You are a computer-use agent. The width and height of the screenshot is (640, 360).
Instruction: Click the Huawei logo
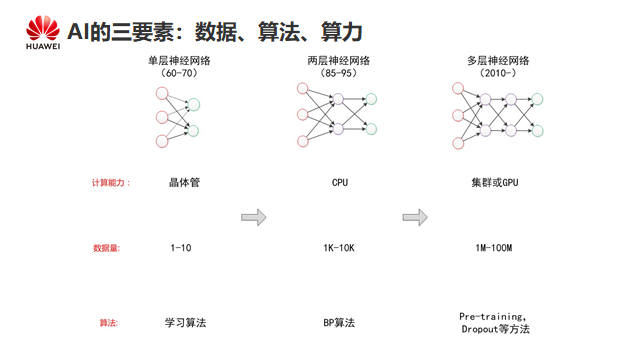43,33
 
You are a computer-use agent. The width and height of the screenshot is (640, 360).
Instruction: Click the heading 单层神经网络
179,61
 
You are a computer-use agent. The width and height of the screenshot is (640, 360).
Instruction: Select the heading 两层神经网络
339,61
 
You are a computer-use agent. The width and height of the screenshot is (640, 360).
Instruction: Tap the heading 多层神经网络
498,61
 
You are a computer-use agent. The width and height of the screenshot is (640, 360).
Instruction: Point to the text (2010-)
498,73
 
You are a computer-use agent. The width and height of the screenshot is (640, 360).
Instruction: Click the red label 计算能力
108,182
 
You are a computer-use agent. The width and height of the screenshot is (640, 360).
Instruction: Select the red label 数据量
105,248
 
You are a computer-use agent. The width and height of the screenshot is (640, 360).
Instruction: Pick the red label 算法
108,323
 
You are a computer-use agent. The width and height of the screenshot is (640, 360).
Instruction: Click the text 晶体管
184,182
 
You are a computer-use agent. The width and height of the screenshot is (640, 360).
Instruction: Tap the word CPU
340,182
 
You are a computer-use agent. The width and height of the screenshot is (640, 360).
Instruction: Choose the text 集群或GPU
495,182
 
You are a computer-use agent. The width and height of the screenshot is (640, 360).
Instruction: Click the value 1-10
181,248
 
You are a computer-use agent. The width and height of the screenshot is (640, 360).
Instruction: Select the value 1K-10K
339,248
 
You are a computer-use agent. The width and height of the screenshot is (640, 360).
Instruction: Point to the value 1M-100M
494,248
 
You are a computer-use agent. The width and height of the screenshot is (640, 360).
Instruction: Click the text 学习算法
185,323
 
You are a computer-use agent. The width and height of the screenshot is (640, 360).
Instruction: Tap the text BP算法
339,323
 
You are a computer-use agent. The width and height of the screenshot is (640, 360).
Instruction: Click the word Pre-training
491,316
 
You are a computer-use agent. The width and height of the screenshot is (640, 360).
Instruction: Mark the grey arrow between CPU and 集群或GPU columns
415,217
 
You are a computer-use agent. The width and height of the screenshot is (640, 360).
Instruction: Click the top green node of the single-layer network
194,105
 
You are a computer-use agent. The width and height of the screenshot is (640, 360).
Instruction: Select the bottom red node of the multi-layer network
458,143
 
